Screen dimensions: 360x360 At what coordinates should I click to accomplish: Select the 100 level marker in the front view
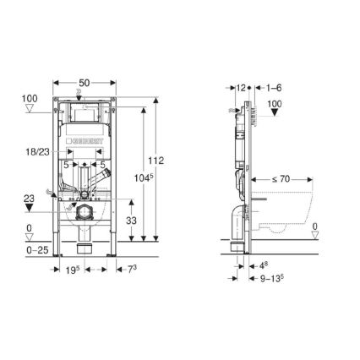point(29,99)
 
